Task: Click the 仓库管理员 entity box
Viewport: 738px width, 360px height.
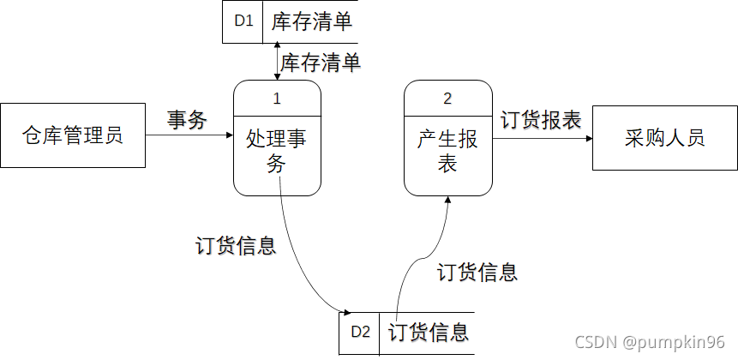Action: pos(72,135)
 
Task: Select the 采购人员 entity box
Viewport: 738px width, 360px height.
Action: pos(664,137)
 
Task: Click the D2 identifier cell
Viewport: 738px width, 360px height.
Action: pos(361,333)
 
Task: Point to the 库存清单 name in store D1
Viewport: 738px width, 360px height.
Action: pos(311,21)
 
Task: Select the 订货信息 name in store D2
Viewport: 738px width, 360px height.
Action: pos(428,333)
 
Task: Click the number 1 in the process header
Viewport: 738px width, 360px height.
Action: pos(277,99)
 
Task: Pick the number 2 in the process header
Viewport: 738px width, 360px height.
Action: pos(447,99)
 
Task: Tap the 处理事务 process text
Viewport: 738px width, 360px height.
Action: pos(277,151)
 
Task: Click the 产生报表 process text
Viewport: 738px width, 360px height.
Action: pos(447,151)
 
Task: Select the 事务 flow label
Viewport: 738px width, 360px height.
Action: pos(187,121)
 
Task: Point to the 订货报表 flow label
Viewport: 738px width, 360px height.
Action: pos(540,120)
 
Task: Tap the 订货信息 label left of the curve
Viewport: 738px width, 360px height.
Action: pos(236,246)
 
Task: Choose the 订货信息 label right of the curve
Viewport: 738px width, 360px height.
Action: pos(477,273)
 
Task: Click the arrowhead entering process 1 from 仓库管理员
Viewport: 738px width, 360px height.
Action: pos(229,135)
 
